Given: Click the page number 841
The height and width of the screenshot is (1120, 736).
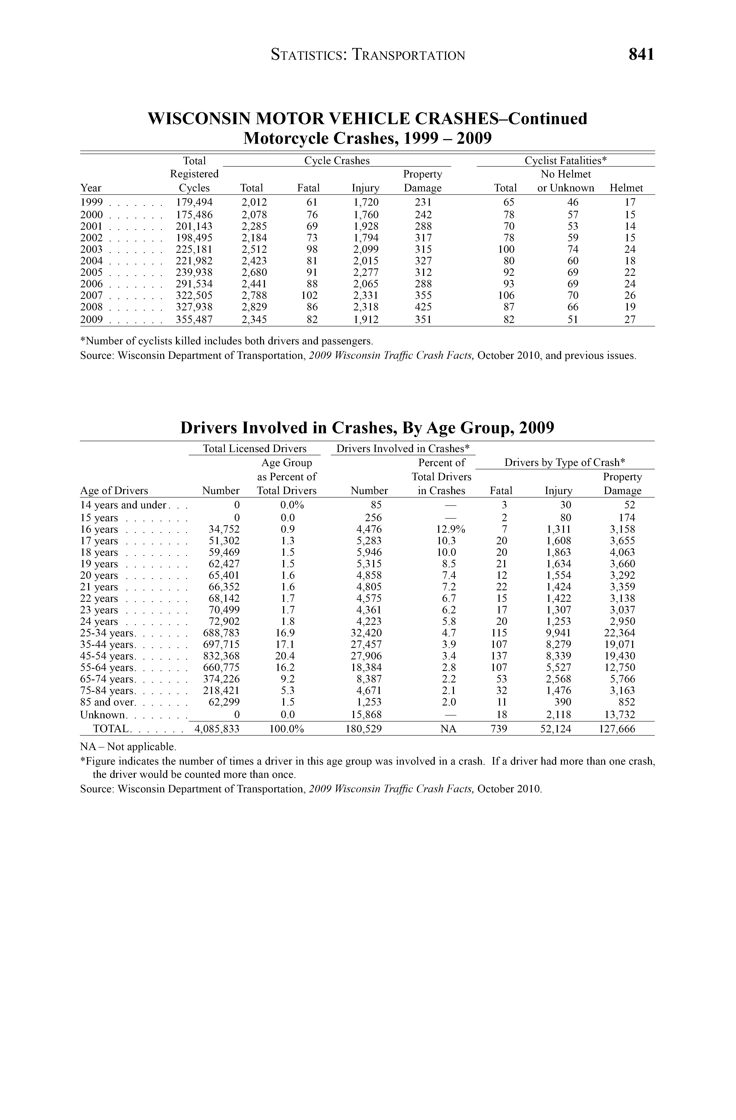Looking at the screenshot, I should (641, 55).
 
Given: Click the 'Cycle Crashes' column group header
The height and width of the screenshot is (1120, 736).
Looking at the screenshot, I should (337, 160).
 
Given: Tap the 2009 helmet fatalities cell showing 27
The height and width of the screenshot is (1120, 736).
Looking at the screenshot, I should (630, 320).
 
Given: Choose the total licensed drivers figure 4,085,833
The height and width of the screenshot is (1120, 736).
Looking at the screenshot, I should (217, 729).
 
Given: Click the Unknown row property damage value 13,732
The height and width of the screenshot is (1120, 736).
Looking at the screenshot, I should (619, 715).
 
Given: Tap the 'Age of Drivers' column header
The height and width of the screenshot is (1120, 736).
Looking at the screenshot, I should (114, 491).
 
